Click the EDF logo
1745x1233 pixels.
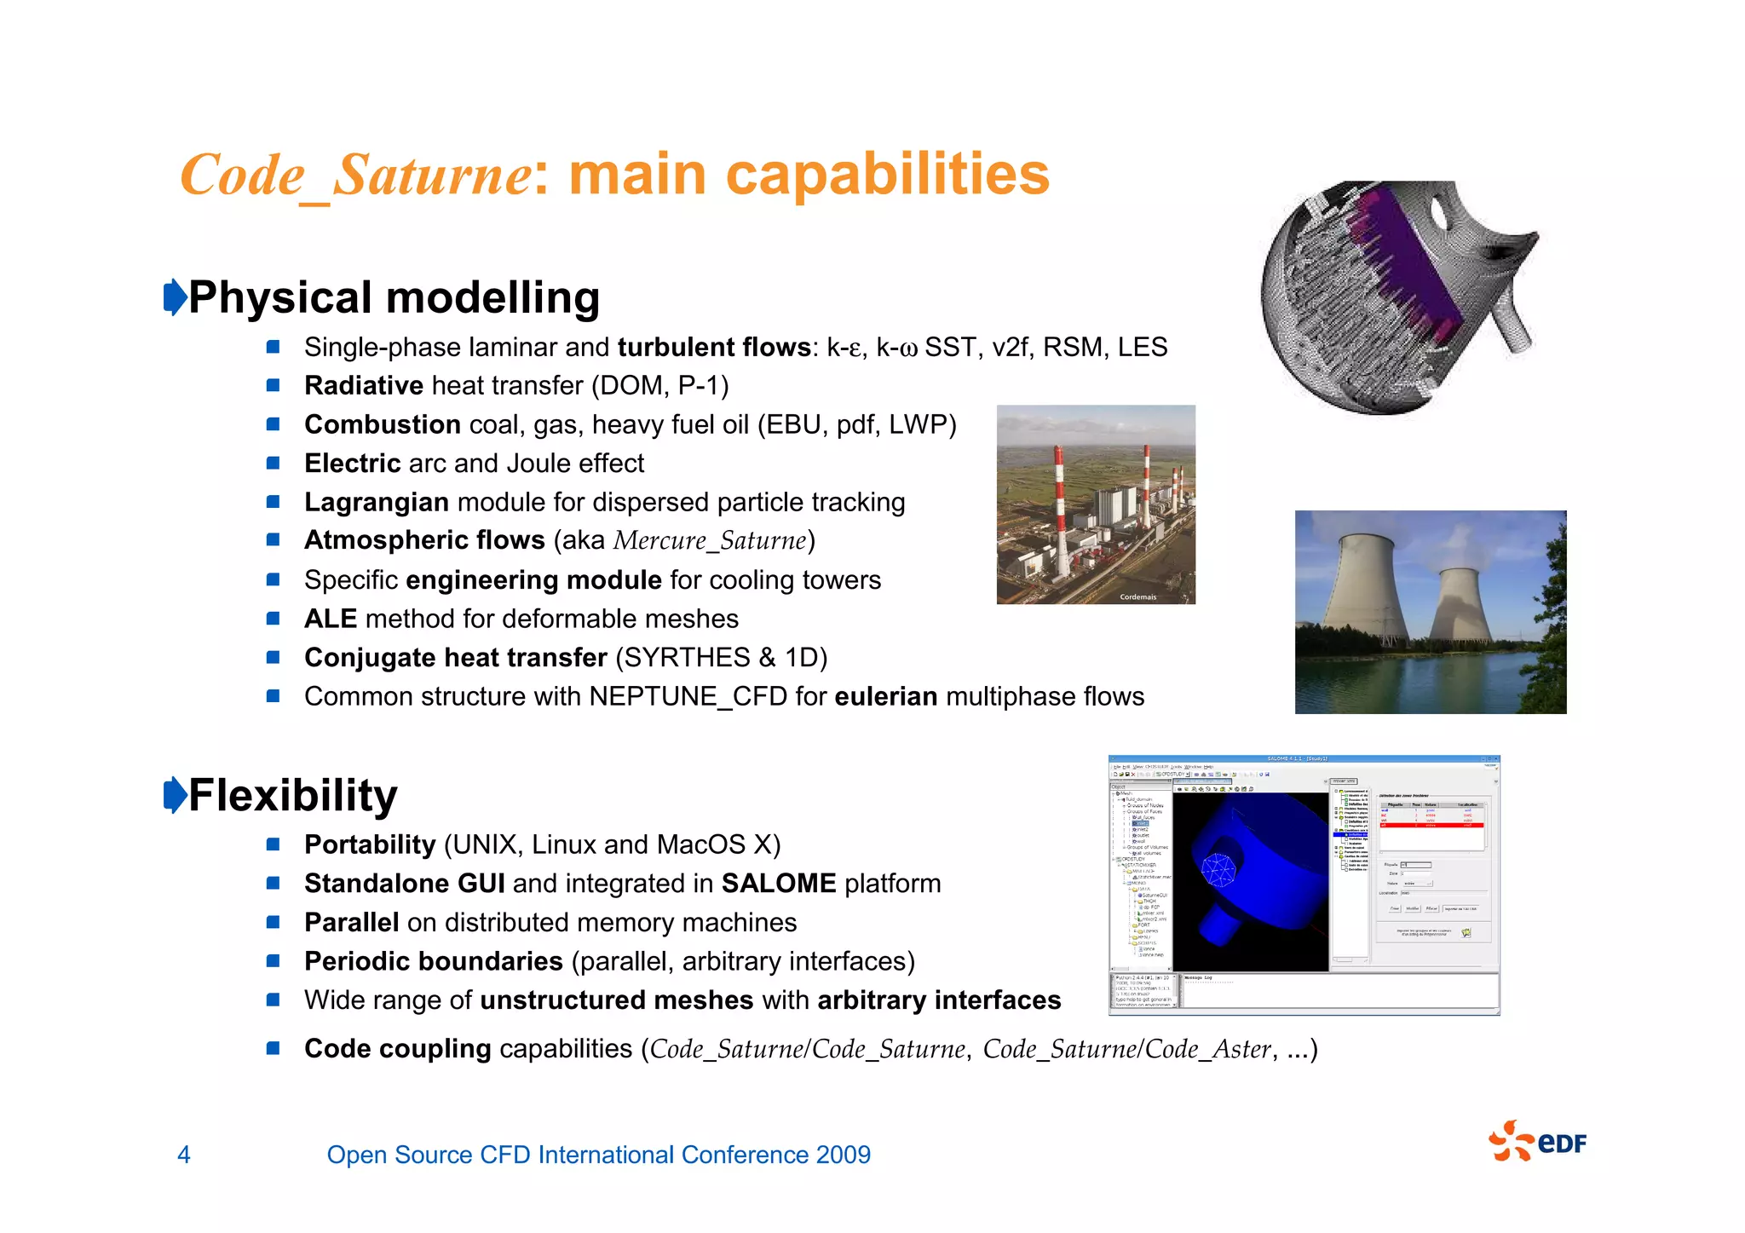(1537, 1141)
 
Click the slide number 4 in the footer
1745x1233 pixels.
(183, 1155)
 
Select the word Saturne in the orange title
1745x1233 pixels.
(432, 176)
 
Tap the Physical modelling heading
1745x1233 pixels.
(394, 297)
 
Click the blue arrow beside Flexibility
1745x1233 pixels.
(175, 794)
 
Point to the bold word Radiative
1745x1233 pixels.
(364, 385)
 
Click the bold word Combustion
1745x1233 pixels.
(383, 424)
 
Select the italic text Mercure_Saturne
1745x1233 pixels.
(710, 541)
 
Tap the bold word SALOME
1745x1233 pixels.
(778, 884)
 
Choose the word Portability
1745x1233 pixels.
(370, 844)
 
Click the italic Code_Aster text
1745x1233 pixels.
(1207, 1049)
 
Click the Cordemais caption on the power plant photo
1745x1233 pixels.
(1137, 596)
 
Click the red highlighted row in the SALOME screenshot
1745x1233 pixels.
(1431, 825)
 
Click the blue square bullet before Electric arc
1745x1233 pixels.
(274, 464)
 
